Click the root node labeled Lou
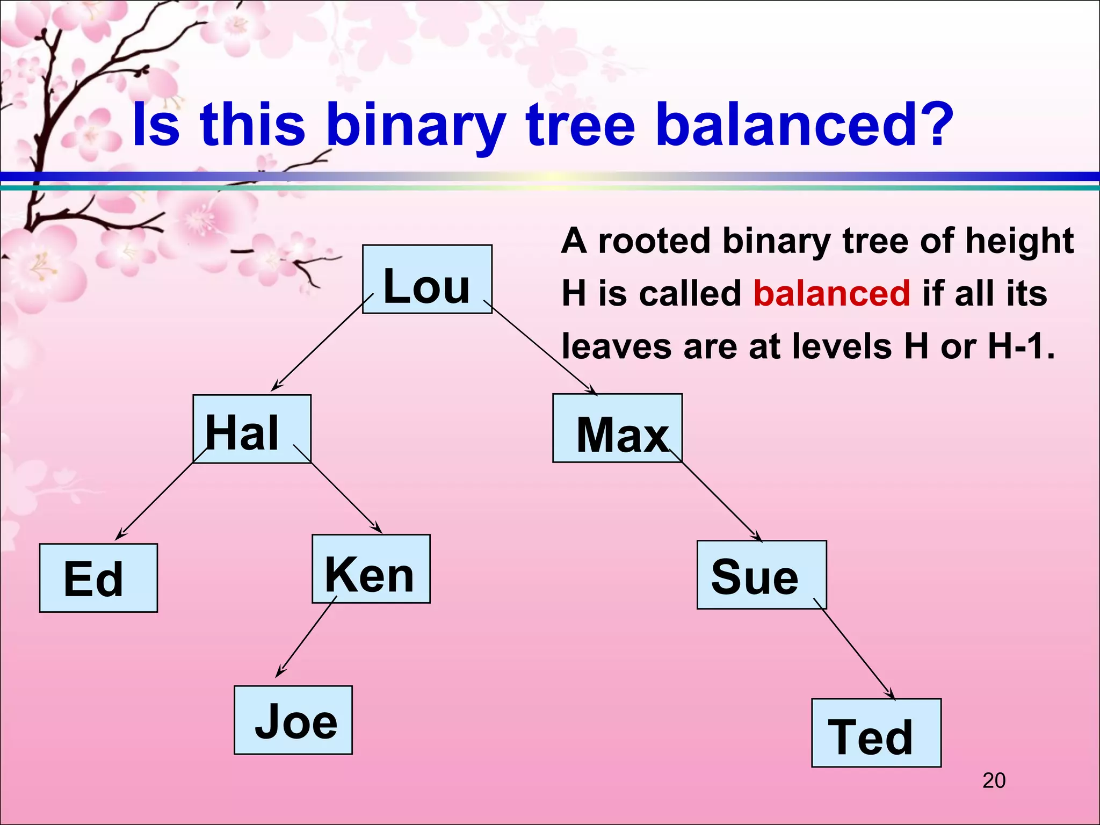(x=427, y=279)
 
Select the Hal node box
(x=252, y=429)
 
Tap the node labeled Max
(x=617, y=428)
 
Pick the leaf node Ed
(x=98, y=578)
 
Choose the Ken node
(x=371, y=569)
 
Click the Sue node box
(x=761, y=575)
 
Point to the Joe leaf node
(x=293, y=720)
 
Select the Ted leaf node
(x=876, y=733)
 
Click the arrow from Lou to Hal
(x=322, y=343)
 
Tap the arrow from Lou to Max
(x=540, y=348)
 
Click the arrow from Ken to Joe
(x=306, y=636)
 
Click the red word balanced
(x=831, y=293)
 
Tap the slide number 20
(x=994, y=780)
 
